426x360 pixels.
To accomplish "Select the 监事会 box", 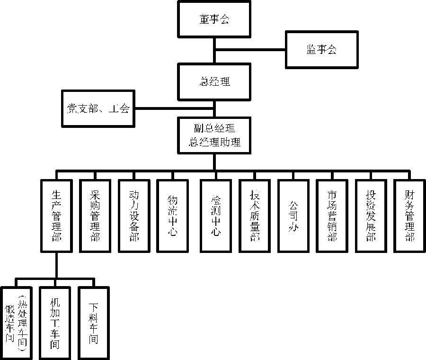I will [x=321, y=50].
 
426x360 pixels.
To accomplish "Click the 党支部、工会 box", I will [x=97, y=108].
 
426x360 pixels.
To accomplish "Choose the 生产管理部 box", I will [x=56, y=216].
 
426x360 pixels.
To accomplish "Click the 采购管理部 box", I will [x=95, y=216].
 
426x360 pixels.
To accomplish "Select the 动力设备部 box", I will [x=134, y=216].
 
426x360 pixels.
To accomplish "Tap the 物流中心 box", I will [x=173, y=216].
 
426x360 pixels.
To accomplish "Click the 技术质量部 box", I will [x=255, y=216].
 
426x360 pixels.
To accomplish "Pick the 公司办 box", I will [x=293, y=216].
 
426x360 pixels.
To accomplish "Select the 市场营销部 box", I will [x=332, y=216].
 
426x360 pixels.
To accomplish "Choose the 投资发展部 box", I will [x=371, y=216].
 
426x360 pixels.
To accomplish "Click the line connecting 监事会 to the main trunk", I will [x=250, y=50].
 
